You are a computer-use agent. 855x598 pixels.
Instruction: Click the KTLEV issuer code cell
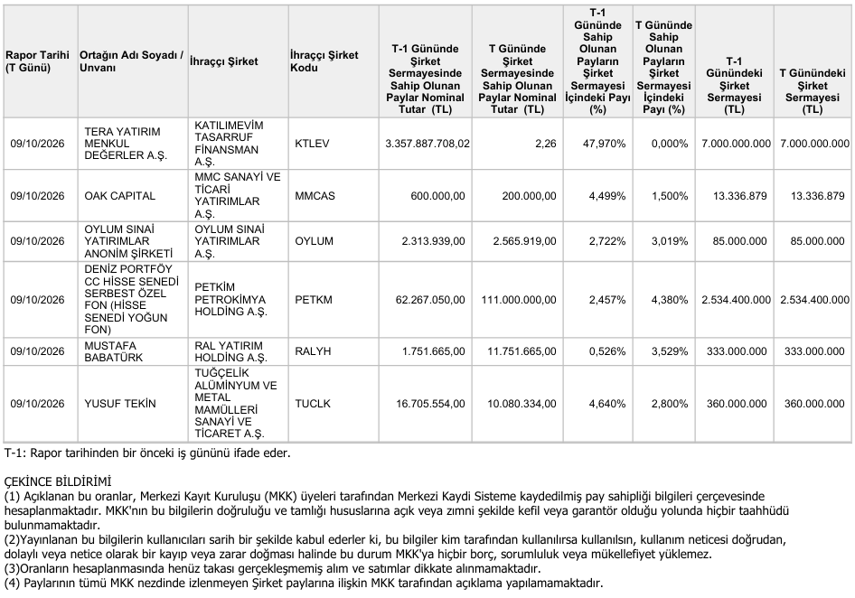coord(312,144)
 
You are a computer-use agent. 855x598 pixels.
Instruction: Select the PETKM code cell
coord(313,299)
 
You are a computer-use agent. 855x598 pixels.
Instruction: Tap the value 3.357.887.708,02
coord(427,144)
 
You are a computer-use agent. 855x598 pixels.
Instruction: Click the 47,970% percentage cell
coord(604,144)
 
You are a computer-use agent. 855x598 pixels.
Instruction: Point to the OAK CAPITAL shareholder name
coord(120,196)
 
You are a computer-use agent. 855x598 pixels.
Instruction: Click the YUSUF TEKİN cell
coord(120,404)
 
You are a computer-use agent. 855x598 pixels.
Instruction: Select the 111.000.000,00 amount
coord(519,299)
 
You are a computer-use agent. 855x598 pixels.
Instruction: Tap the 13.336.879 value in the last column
coord(817,196)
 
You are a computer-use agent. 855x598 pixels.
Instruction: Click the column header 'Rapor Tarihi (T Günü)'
coord(38,61)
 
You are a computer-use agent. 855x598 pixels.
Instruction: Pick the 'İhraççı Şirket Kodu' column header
coord(324,61)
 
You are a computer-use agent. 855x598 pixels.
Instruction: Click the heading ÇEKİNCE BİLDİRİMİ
coord(58,481)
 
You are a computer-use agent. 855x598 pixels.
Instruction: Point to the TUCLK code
coord(313,404)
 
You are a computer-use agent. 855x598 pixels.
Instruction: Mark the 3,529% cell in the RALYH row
coord(670,351)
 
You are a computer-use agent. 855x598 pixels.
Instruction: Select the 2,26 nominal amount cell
coord(545,144)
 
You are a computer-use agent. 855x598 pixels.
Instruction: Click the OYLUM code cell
coord(314,241)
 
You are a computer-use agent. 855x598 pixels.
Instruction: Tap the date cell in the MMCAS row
coord(37,196)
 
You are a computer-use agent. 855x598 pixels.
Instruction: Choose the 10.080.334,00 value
coord(521,404)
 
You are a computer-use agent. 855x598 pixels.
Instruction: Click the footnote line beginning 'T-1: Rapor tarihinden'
coord(147,453)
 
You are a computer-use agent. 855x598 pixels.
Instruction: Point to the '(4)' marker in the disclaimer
coord(12,583)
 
